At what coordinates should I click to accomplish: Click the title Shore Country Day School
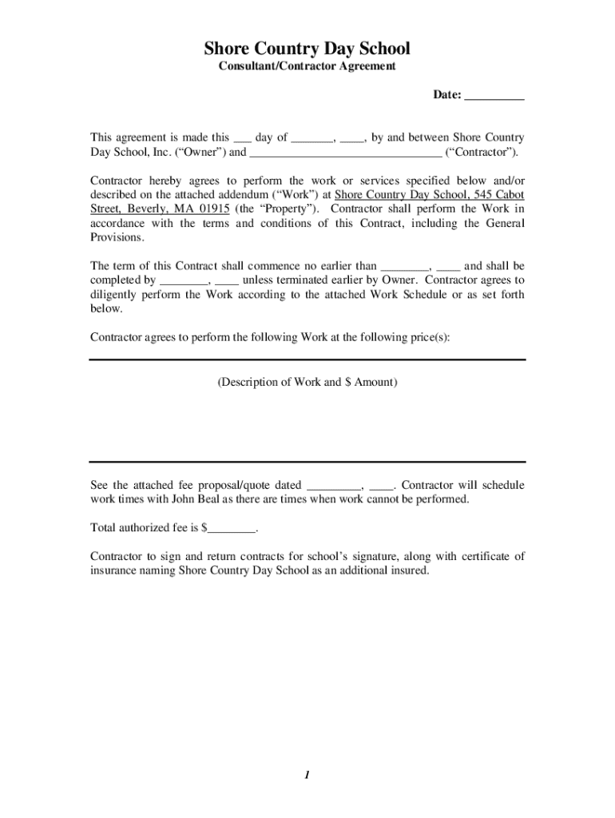[307, 50]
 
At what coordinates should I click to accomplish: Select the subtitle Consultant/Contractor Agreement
[307, 66]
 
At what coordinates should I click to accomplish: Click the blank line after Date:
[494, 96]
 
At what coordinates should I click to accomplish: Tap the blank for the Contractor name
[345, 153]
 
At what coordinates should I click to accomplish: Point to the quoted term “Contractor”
[481, 152]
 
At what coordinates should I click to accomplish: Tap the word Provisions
[117, 238]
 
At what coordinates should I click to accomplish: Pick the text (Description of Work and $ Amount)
[307, 382]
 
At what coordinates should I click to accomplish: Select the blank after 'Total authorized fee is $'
[232, 529]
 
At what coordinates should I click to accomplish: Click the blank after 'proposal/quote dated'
[334, 486]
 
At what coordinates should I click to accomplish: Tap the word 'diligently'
[113, 295]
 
